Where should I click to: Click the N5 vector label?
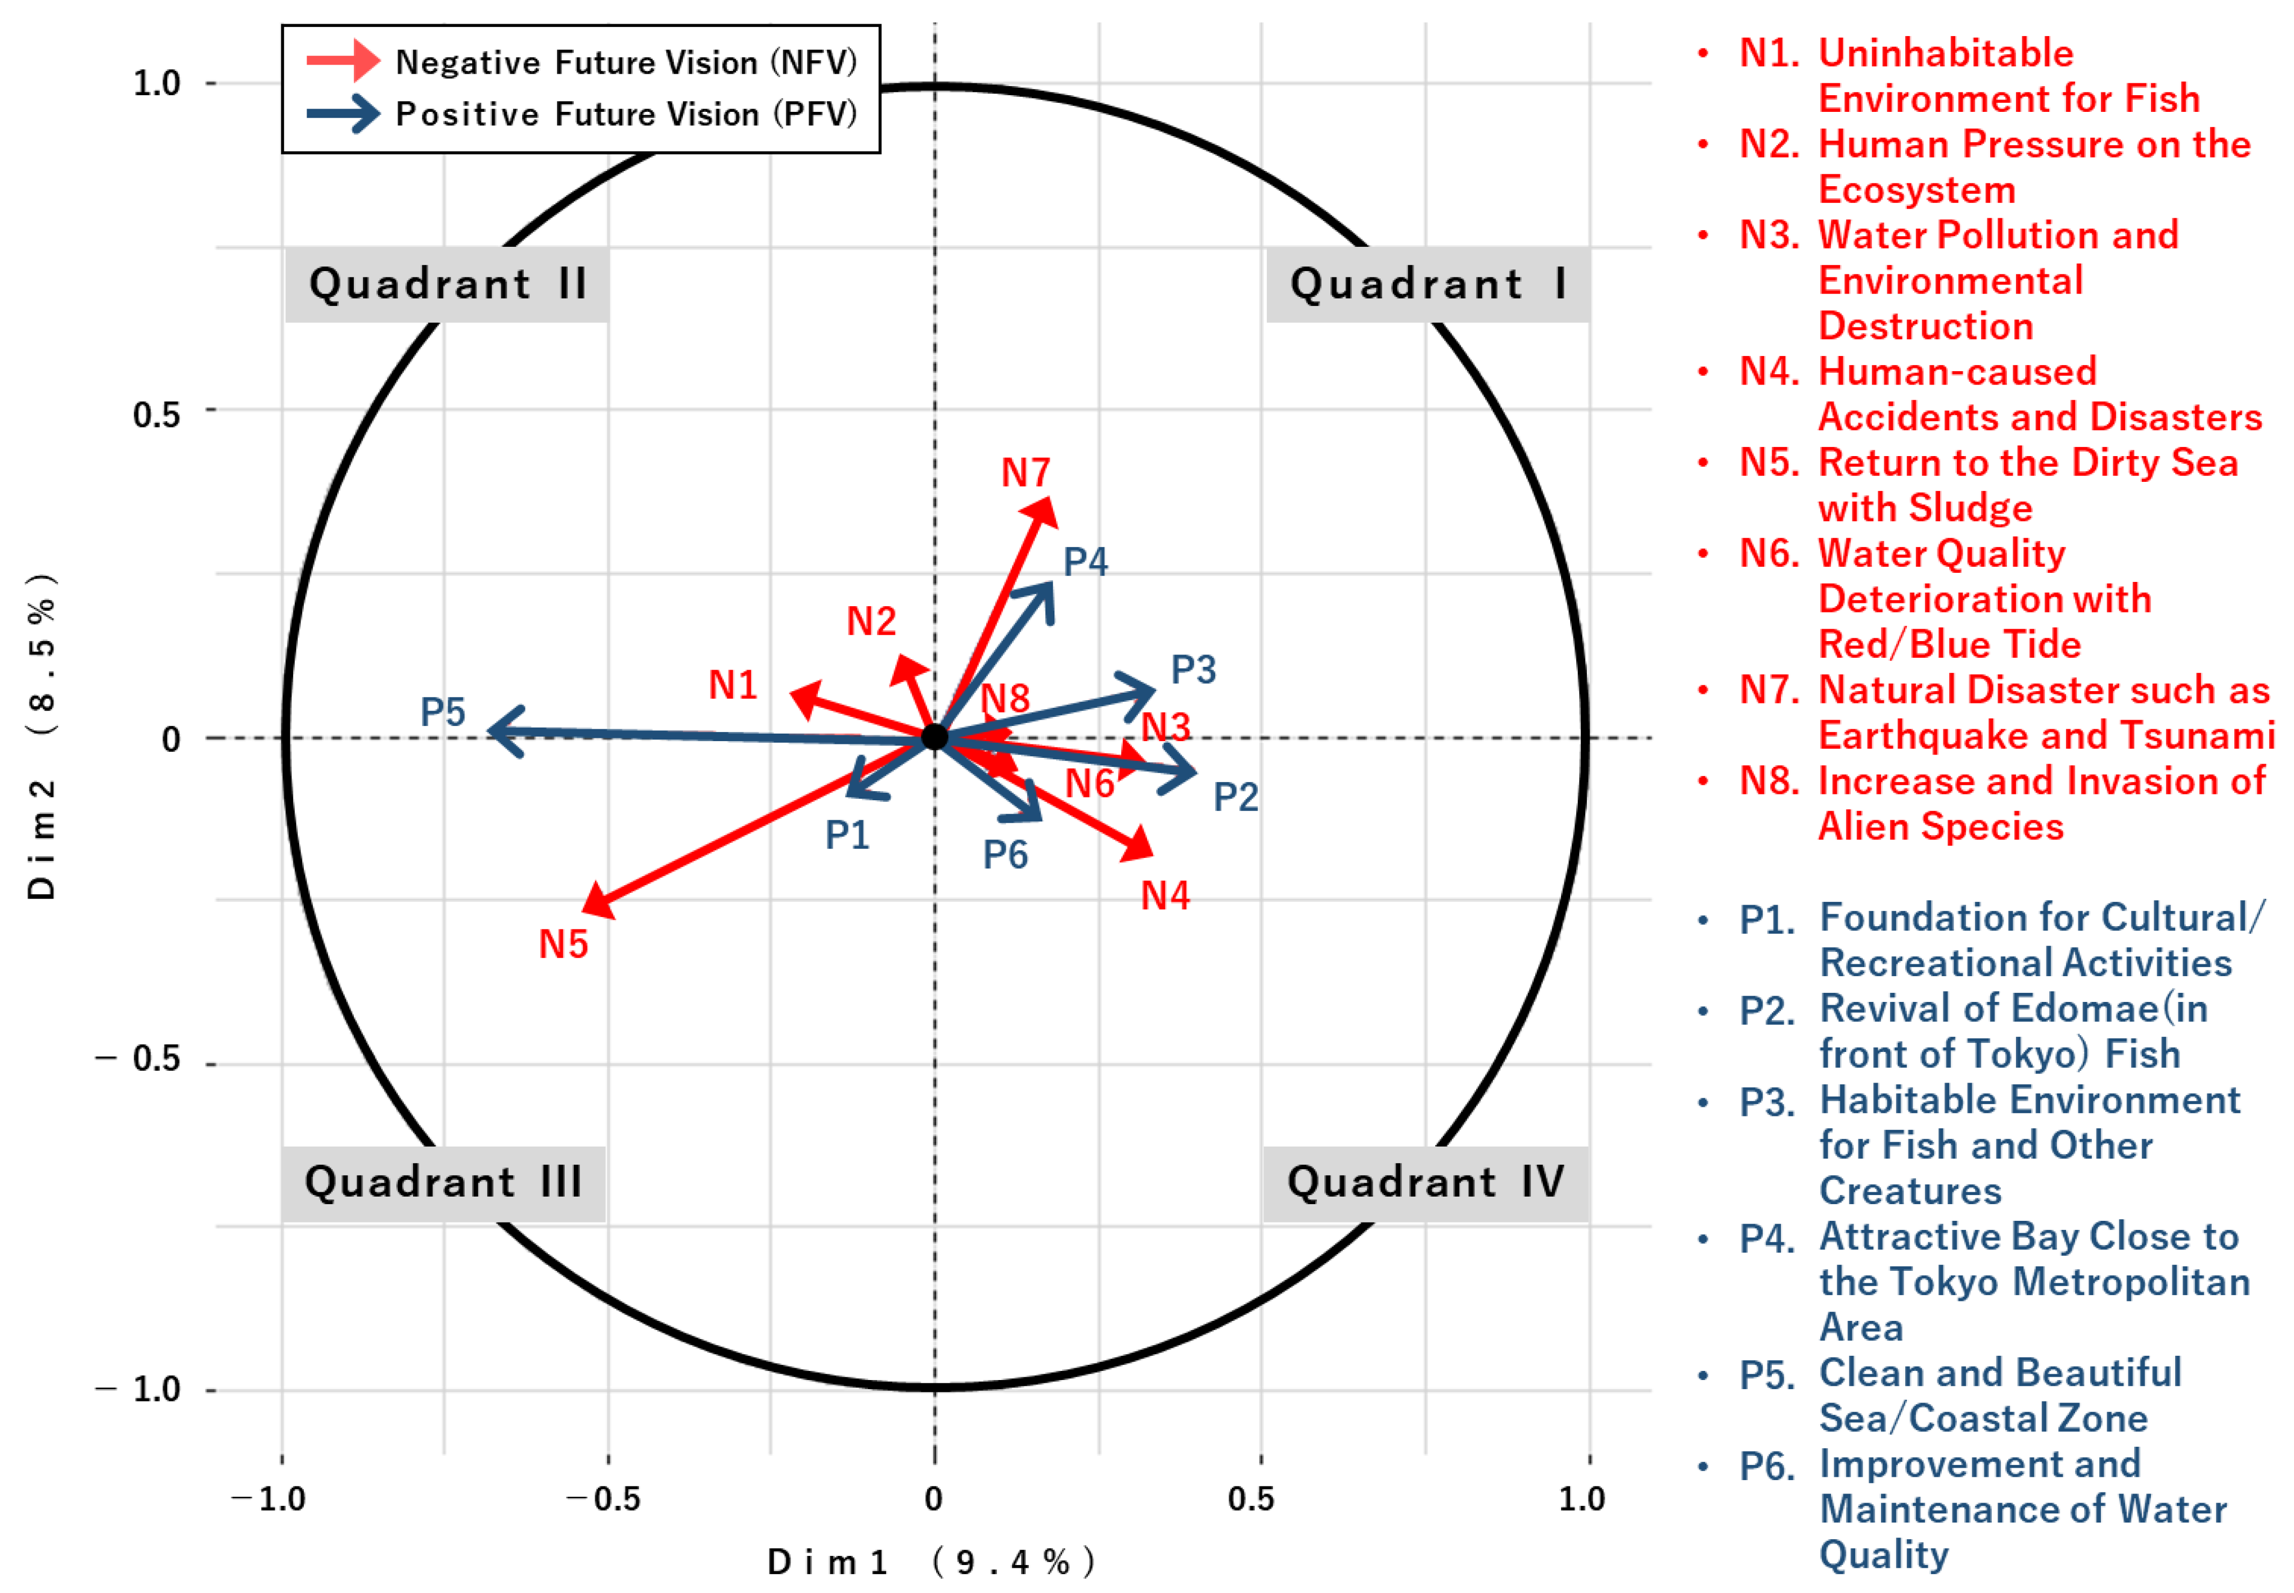563,944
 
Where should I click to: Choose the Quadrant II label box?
446,285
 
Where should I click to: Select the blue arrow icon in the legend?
342,113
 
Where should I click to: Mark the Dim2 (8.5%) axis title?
42,737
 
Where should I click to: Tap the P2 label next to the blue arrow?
1235,796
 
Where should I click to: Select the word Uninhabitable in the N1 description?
1945,53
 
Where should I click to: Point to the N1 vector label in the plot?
732,685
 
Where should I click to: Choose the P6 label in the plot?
1005,855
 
